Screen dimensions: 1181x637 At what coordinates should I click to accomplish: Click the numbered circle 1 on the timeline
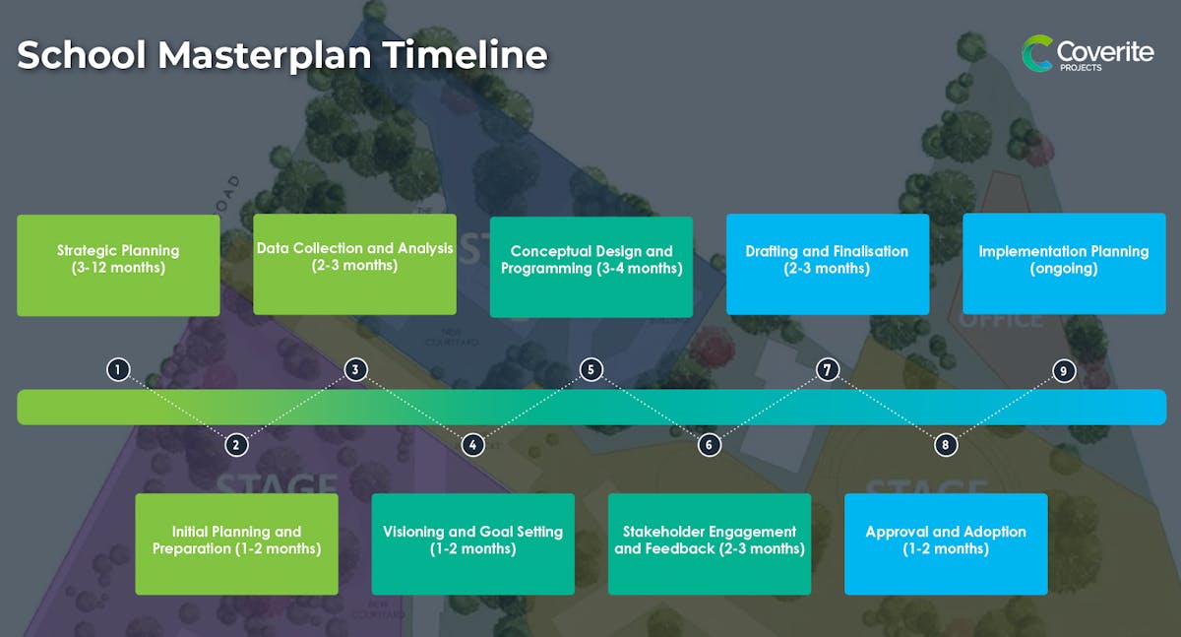click(x=118, y=369)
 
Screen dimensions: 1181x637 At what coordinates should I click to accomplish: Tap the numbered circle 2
click(x=236, y=445)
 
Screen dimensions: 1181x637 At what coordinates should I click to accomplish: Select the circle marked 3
click(x=355, y=369)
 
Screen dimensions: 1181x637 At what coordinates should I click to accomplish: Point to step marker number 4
click(x=473, y=445)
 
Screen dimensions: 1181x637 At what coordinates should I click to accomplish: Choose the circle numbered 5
click(x=591, y=369)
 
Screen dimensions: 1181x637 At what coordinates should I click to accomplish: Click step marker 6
click(x=710, y=445)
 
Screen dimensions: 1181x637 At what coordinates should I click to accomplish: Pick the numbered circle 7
click(x=828, y=369)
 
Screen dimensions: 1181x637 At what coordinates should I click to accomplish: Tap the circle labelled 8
click(x=946, y=445)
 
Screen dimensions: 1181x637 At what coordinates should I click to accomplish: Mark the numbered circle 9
click(x=1064, y=371)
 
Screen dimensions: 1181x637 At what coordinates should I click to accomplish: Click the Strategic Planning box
click(x=118, y=265)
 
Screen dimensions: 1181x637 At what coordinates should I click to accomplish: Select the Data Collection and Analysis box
click(x=355, y=264)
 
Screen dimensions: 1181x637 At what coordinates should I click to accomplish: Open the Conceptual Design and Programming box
click(x=591, y=267)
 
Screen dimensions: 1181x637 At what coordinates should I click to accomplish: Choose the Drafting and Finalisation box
click(x=828, y=264)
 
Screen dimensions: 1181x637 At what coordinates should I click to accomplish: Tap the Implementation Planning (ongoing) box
click(x=1064, y=264)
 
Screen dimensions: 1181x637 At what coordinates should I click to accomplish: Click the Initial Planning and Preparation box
click(x=237, y=544)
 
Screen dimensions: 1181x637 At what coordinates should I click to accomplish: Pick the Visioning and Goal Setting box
click(x=473, y=544)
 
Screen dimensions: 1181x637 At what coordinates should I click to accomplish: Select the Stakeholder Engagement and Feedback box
click(x=710, y=544)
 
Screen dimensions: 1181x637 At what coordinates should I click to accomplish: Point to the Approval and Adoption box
click(x=946, y=544)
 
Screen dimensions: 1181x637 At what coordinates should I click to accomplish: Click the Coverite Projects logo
click(x=1088, y=53)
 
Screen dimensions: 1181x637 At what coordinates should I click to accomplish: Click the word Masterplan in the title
click(x=265, y=56)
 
